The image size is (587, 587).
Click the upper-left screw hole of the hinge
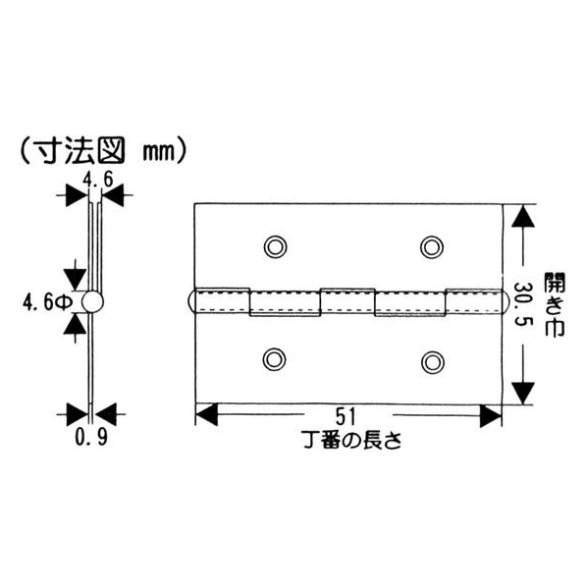tap(275, 247)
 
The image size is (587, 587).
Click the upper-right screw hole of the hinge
tap(432, 247)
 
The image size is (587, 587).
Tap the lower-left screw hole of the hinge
tap(275, 359)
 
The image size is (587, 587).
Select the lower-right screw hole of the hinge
tap(433, 362)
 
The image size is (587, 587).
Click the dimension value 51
tap(345, 416)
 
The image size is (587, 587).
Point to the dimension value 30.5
tap(522, 303)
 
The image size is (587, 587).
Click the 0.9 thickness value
tap(91, 437)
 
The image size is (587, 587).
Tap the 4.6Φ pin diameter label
tap(46, 302)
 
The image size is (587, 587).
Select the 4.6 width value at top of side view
tap(97, 180)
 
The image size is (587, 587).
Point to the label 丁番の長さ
tap(351, 440)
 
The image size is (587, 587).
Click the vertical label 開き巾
tap(554, 304)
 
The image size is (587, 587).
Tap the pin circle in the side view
tap(92, 301)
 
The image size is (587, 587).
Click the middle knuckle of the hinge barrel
tap(347, 300)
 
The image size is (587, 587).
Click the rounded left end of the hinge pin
tap(191, 300)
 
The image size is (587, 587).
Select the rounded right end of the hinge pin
tap(504, 301)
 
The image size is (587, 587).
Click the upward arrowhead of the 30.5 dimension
tap(523, 216)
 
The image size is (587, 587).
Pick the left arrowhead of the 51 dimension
tap(207, 414)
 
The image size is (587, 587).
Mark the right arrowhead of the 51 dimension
tap(491, 415)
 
